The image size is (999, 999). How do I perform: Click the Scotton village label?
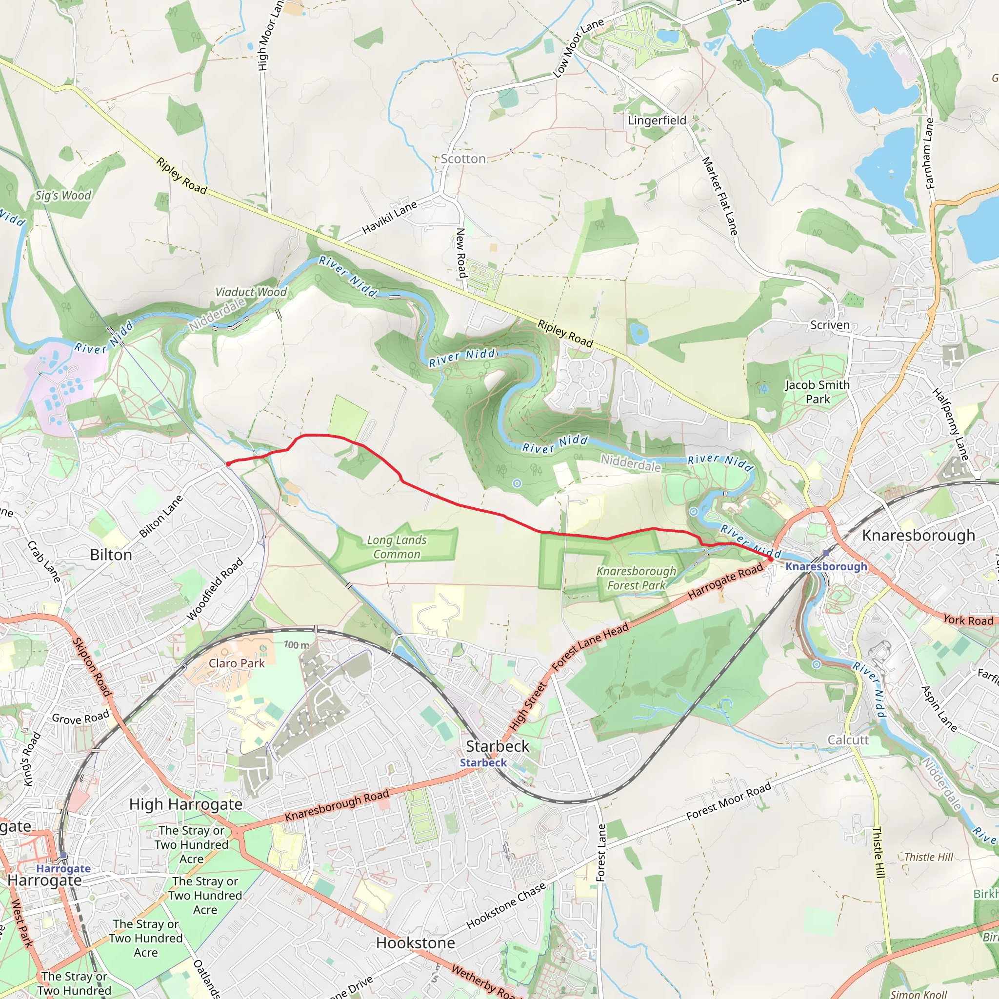coord(463,159)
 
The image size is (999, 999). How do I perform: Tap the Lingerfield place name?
coord(657,120)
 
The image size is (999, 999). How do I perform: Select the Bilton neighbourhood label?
coord(111,555)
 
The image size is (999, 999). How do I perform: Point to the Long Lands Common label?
coord(397,547)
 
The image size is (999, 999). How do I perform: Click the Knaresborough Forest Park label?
coord(636,578)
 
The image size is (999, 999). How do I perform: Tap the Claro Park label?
coord(236,663)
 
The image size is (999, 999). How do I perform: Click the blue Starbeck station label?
coord(483,763)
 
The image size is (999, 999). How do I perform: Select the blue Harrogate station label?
coord(63,869)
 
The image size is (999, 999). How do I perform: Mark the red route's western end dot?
coord(228,464)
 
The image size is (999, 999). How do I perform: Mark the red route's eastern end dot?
coord(770,559)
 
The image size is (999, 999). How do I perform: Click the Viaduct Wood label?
coord(251,292)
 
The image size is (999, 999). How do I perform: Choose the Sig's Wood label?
coord(63,196)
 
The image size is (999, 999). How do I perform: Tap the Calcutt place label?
coord(848,740)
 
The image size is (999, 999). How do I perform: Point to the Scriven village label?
coord(829,325)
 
